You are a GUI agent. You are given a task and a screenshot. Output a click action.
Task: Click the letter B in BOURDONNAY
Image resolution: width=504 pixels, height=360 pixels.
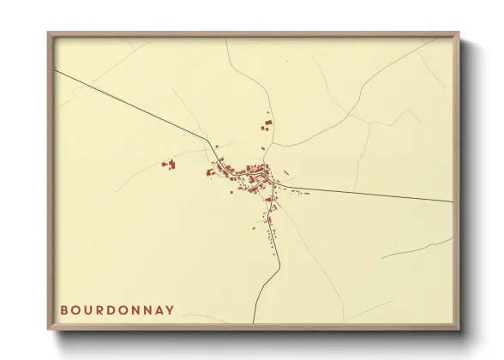[x=65, y=309]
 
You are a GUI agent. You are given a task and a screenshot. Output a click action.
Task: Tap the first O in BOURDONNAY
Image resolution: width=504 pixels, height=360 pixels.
[x=78, y=309]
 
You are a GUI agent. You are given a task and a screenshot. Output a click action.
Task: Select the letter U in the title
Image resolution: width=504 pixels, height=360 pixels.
[x=91, y=309]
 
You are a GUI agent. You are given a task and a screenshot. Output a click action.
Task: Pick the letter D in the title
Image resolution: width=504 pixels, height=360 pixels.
[x=116, y=309]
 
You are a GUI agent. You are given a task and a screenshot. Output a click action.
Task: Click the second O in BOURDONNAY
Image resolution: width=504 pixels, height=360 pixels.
[x=129, y=309]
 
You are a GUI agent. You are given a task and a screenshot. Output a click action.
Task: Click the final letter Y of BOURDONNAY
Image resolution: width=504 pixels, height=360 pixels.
[x=181, y=309]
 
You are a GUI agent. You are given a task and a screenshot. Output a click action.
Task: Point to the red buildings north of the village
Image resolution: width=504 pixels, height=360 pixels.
[x=267, y=126]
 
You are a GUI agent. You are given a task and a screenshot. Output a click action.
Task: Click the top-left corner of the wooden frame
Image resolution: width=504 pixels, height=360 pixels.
[x=49, y=34]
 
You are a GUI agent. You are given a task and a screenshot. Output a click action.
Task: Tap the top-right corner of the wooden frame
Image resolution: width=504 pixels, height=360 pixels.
[x=459, y=34]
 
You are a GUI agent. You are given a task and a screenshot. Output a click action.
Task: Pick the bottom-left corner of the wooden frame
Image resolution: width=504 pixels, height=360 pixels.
[x=49, y=330]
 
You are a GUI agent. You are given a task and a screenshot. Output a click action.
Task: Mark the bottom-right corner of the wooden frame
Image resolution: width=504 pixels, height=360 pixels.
[x=459, y=330]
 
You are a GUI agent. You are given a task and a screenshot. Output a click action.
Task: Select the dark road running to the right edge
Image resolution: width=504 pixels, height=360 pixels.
[x=386, y=195]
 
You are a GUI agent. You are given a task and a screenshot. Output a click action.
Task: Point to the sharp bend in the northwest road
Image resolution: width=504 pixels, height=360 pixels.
[x=208, y=140]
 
